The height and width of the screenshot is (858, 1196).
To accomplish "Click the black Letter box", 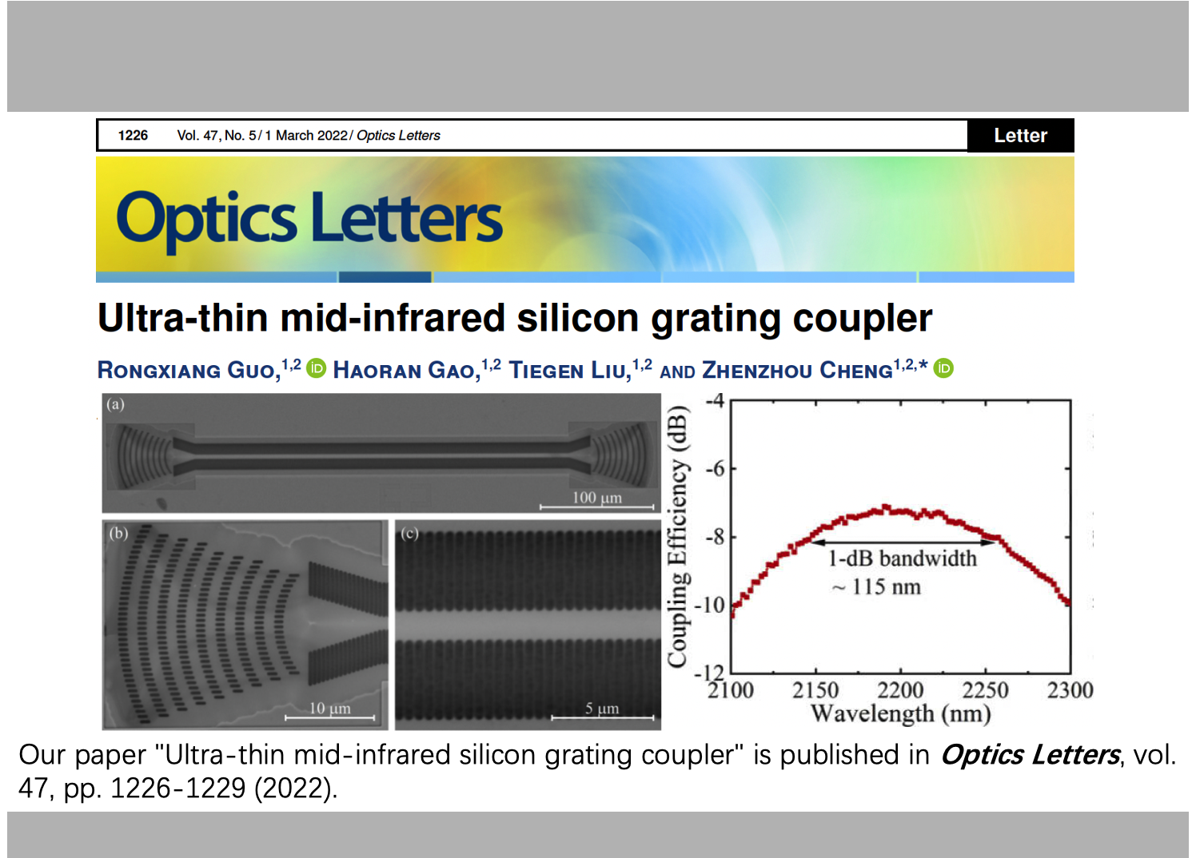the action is coord(1020,136).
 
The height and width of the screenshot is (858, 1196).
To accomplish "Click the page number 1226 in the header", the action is coord(133,136).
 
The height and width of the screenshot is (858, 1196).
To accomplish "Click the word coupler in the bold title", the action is coord(863,319).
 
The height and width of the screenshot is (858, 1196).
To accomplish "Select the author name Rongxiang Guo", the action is coord(189,371).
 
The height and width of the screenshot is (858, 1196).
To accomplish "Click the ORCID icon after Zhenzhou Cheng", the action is coord(943,368).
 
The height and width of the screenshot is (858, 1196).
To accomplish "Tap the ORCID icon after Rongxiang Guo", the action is coord(316,368).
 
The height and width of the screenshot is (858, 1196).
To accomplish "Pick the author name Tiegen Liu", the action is coord(570,371).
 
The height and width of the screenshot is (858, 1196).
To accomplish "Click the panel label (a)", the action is coord(115,404).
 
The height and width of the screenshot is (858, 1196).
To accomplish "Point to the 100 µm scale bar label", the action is coord(597,498).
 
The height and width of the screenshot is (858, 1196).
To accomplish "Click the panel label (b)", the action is coord(118,534).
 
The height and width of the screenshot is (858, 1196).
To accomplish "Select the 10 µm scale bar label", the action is coord(330,709).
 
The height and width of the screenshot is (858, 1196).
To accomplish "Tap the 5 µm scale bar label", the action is coord(602,709).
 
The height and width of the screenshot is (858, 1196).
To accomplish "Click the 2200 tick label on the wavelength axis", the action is coord(900,690).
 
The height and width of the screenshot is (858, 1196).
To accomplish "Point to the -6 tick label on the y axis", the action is coord(715,469).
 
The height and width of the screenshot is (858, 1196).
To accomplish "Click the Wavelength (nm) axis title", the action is coord(901,714).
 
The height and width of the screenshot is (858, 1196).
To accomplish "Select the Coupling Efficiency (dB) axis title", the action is coord(676,536).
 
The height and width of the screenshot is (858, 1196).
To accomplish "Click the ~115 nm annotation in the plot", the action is coord(876,587).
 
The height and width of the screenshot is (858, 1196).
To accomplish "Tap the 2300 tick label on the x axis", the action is coord(1070,690).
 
